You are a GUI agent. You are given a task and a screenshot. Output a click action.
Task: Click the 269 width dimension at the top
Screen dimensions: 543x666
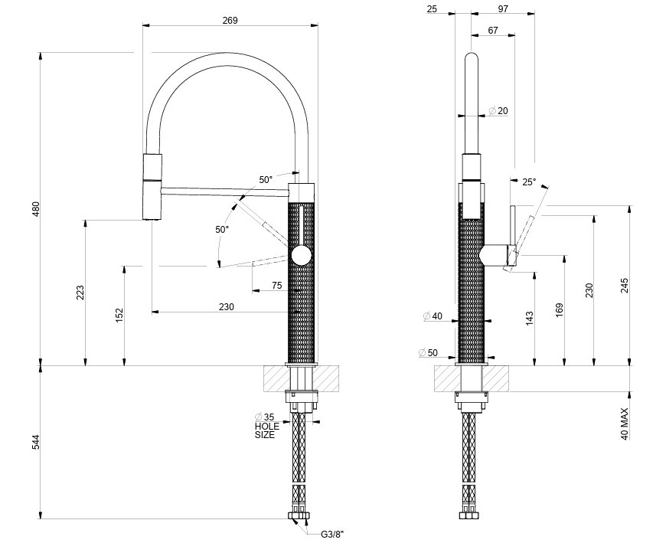coord(230,21)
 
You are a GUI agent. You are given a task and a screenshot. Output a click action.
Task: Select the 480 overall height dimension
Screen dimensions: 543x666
coord(35,209)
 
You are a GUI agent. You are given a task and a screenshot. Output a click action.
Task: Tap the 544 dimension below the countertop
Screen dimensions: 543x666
coord(35,443)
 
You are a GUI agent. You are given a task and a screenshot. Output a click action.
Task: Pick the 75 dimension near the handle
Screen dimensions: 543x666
coord(277,286)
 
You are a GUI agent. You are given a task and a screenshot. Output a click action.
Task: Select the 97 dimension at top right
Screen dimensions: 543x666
coord(502,8)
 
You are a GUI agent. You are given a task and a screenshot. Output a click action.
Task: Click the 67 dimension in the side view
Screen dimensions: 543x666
coord(492,30)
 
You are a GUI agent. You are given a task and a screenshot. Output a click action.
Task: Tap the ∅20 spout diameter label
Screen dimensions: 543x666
coord(498,111)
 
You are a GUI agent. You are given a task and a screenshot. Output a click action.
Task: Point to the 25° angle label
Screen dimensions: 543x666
coord(529,182)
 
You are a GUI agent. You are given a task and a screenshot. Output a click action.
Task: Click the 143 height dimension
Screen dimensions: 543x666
coord(530,319)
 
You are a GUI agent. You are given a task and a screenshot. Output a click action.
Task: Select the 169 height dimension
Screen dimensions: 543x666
coord(560,309)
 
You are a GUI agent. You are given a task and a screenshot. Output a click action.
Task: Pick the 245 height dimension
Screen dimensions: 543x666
coord(625,286)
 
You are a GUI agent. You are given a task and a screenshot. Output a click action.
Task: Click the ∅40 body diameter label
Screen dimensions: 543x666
coord(433,316)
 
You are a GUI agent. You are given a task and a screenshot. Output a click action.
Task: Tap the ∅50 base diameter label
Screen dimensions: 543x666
coord(428,353)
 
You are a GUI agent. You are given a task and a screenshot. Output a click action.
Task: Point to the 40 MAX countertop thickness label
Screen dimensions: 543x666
coord(625,424)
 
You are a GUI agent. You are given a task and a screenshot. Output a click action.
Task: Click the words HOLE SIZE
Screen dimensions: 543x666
coord(267,430)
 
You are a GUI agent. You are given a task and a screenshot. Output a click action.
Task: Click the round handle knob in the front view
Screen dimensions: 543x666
coord(302,256)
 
